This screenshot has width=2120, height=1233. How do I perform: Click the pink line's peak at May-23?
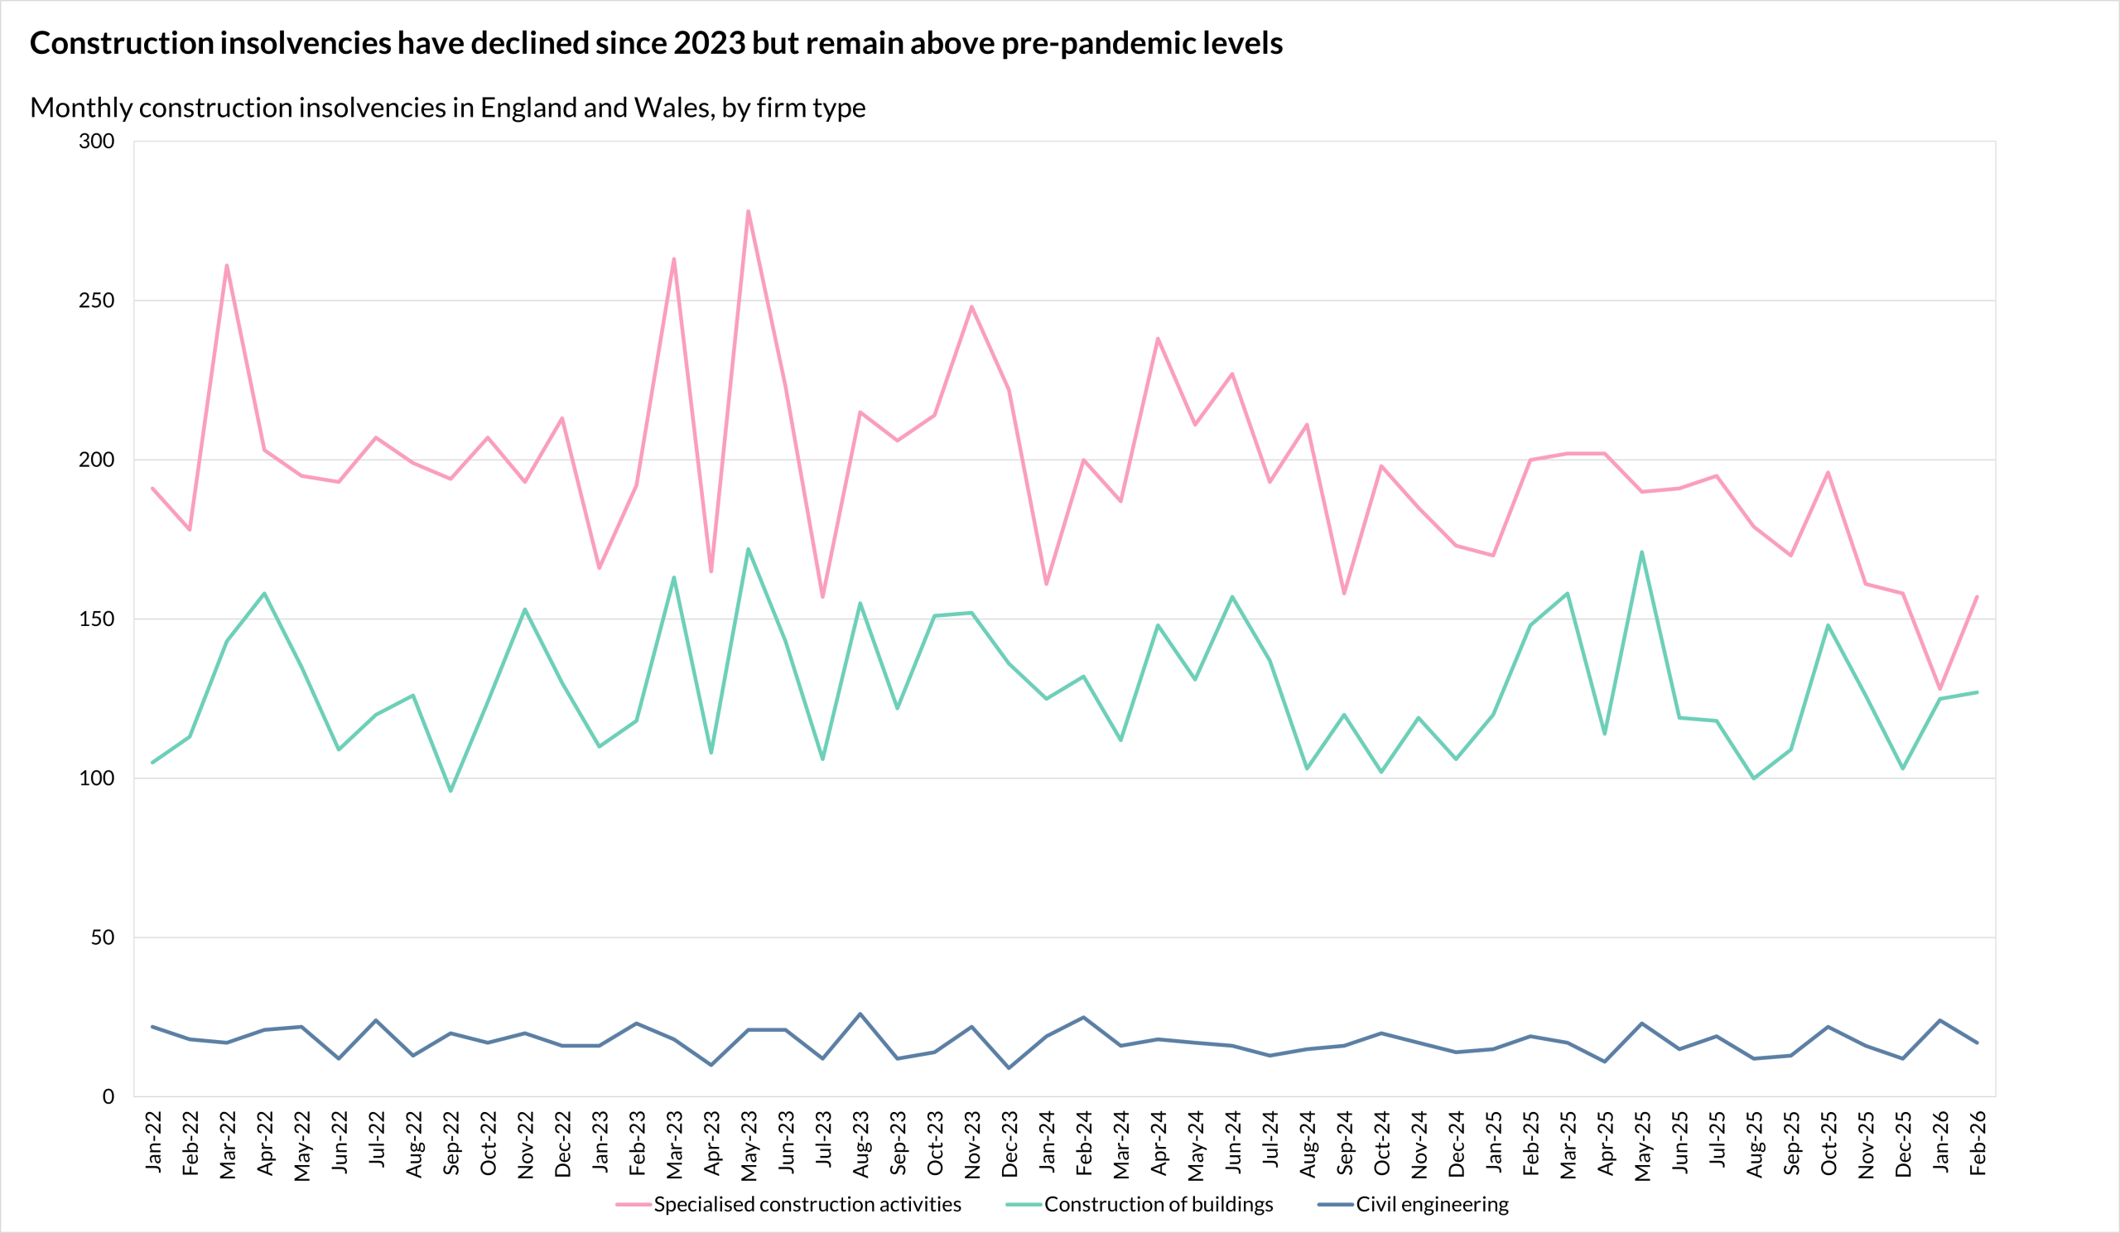pos(748,211)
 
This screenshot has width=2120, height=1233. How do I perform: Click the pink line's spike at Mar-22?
pos(227,266)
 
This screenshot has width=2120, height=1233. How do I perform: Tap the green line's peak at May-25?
pos(1641,551)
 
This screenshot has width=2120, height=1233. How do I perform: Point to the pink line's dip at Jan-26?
pos(1940,689)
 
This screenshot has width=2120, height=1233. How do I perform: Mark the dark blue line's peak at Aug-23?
pos(860,1014)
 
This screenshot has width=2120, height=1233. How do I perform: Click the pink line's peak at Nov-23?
pos(971,307)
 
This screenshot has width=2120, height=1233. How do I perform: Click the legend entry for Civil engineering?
pos(1431,1204)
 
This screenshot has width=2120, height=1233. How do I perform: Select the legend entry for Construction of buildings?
pos(1158,1204)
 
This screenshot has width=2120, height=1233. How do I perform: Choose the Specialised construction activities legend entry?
pos(807,1204)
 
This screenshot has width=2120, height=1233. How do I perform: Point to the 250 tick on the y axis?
pos(97,301)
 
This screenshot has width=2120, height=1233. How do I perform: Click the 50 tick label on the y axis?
pos(103,937)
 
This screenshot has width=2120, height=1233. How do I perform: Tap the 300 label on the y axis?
pos(97,142)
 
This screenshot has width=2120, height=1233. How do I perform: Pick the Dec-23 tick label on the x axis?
pos(1009,1143)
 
